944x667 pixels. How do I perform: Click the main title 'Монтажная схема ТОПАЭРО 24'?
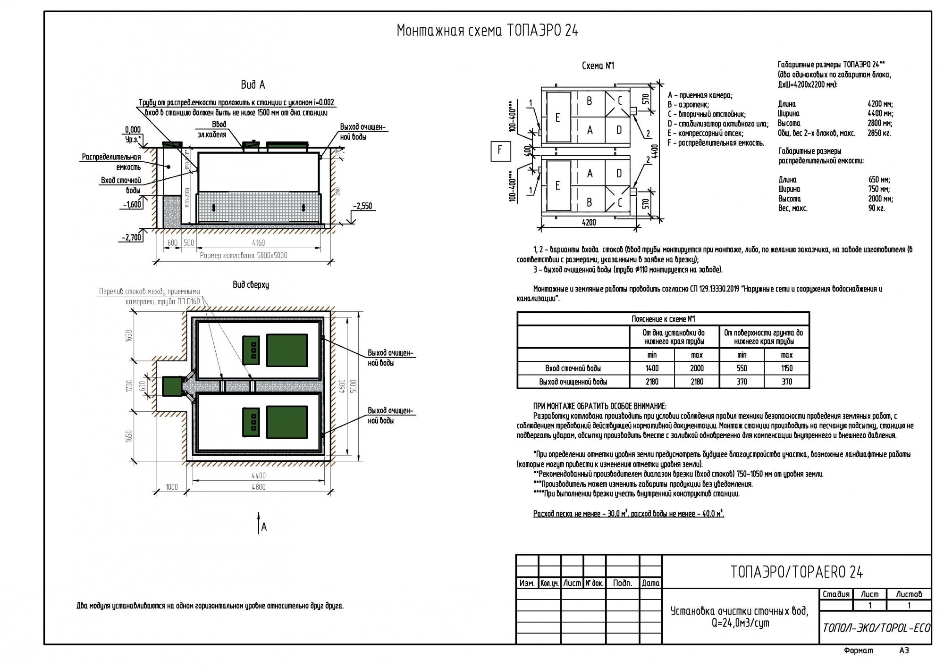487,31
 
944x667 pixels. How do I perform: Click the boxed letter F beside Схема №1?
500,151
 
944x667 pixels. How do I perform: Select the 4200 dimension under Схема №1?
589,222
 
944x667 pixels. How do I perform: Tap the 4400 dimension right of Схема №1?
656,151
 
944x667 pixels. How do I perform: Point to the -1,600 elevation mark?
132,204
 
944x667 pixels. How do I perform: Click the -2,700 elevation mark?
132,237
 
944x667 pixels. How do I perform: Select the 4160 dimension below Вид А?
258,243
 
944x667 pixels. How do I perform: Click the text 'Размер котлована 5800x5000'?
243,256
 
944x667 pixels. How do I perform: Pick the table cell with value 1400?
652,368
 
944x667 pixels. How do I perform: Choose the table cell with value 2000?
697,368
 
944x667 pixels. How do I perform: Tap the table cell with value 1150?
787,368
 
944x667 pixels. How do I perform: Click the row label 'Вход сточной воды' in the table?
573,368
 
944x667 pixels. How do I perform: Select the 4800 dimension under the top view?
258,487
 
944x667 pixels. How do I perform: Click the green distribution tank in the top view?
172,386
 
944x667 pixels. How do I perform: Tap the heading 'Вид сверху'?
251,285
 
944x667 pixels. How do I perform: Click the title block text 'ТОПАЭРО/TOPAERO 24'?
796,572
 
